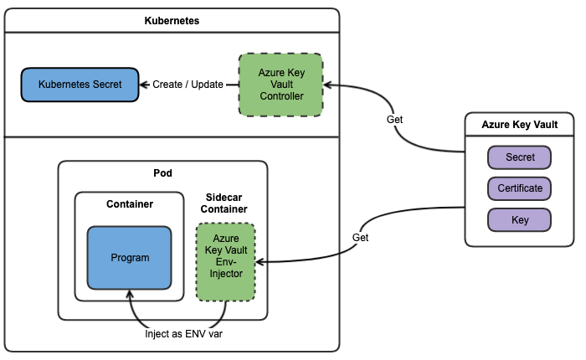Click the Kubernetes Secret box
pyautogui.click(x=80, y=85)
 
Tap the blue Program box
pyautogui.click(x=130, y=257)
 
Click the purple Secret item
pyautogui.click(x=520, y=157)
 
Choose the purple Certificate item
pyautogui.click(x=520, y=188)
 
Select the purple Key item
pyautogui.click(x=520, y=219)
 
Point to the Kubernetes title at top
pyautogui.click(x=172, y=21)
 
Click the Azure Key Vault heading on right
pyautogui.click(x=519, y=125)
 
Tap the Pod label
pyautogui.click(x=162, y=173)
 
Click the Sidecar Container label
pyautogui.click(x=225, y=202)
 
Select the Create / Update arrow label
pyautogui.click(x=188, y=85)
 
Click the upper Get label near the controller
pyautogui.click(x=394, y=120)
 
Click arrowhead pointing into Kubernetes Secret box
pyautogui.click(x=144, y=85)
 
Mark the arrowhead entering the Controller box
pyautogui.click(x=329, y=85)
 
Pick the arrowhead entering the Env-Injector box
pyautogui.click(x=260, y=262)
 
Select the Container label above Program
pyautogui.click(x=130, y=204)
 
